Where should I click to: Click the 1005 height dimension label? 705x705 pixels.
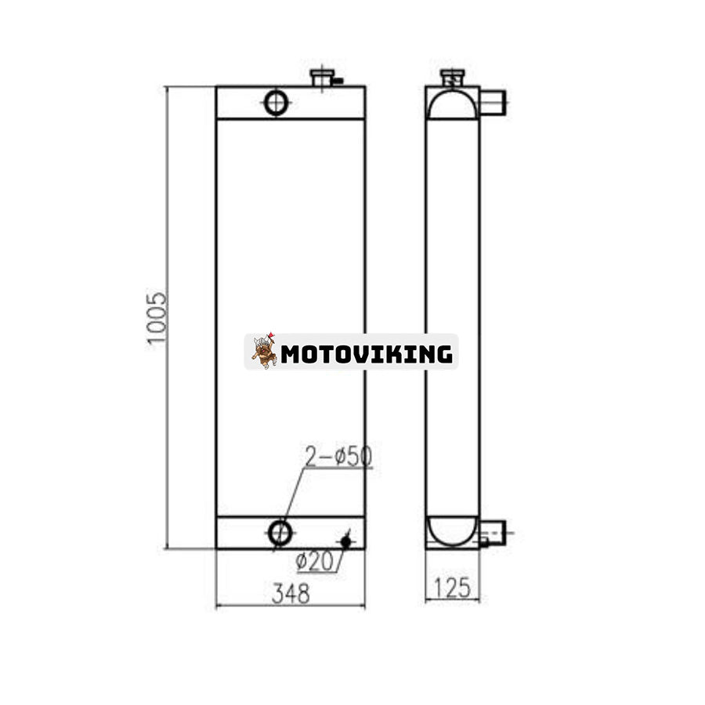(x=157, y=318)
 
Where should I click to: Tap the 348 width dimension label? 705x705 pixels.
(x=291, y=594)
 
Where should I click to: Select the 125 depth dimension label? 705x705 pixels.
(x=452, y=587)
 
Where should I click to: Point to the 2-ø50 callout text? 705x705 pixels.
(x=338, y=457)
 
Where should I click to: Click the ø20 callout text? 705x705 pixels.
(x=315, y=561)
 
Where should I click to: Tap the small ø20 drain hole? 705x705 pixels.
(x=345, y=542)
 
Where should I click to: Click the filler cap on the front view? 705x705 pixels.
(x=322, y=78)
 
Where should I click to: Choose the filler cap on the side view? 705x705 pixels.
(x=452, y=78)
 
